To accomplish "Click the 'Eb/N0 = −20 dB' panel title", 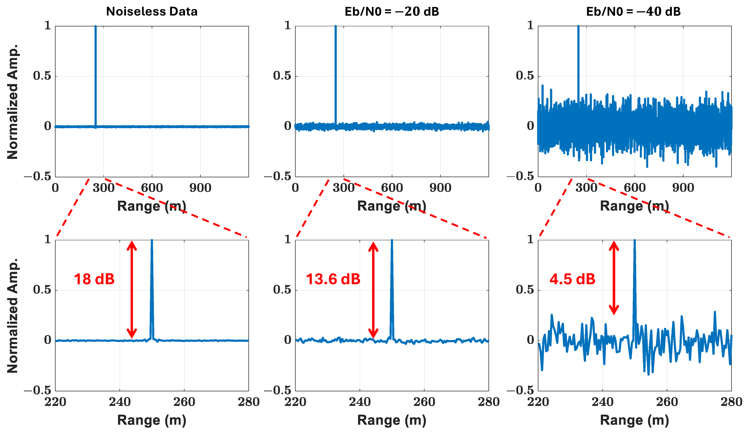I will click(x=392, y=11).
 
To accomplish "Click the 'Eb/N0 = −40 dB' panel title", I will click(x=633, y=11).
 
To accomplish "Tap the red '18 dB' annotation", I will click(x=94, y=279).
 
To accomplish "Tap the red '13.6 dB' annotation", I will click(x=333, y=279).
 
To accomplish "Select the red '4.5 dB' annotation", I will click(x=572, y=279).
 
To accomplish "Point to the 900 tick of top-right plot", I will click(x=683, y=188).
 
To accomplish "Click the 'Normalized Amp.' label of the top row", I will click(x=12, y=102).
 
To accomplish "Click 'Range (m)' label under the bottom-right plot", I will click(x=634, y=420).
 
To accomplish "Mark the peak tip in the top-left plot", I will click(x=95, y=27).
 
